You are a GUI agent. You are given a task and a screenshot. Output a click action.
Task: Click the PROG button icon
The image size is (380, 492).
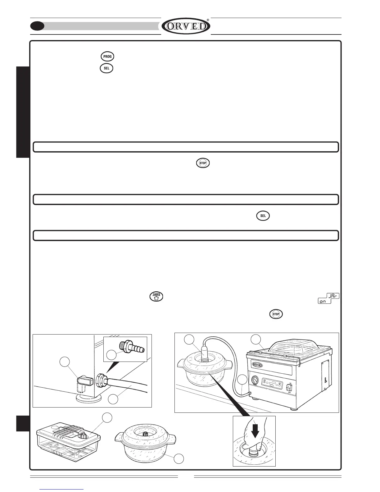[107, 57]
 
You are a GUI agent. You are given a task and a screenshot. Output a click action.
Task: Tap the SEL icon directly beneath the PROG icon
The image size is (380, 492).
[106, 68]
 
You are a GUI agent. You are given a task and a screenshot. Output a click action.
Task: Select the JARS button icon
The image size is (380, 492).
[156, 296]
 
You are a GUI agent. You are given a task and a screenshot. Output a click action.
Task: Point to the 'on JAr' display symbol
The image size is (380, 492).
[329, 299]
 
